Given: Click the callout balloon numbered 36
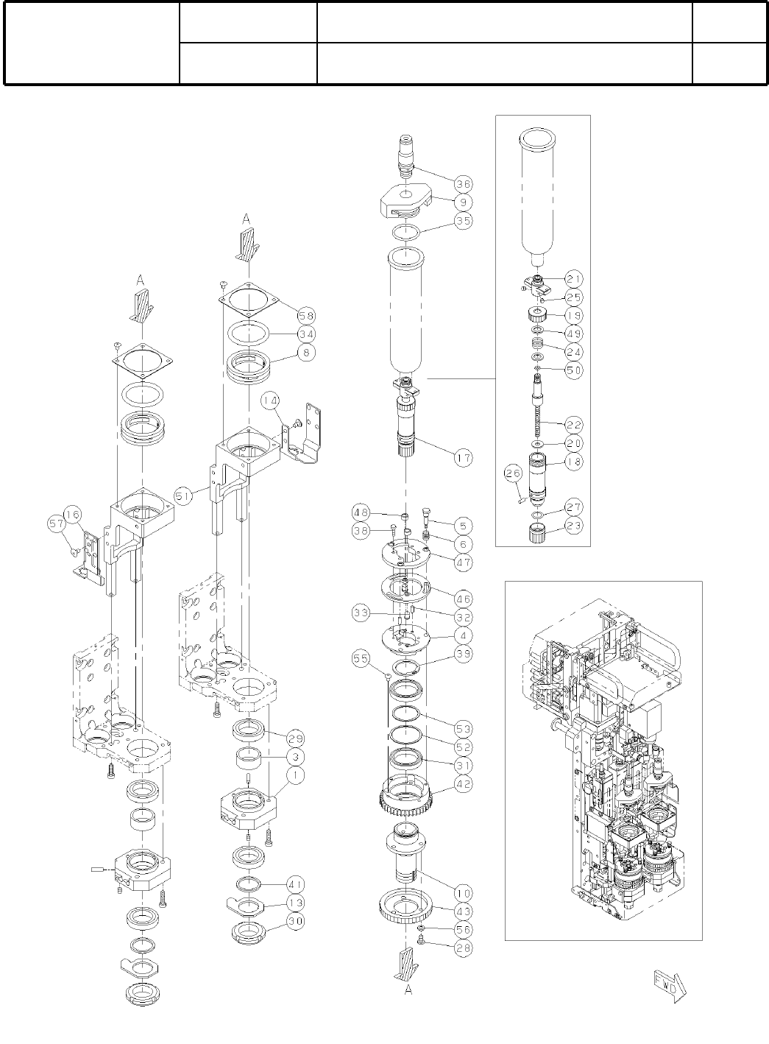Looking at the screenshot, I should pos(463,183).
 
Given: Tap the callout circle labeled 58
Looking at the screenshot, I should pos(305,315).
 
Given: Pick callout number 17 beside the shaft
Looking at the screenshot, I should pos(463,457).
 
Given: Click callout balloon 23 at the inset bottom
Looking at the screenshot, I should pos(574,525).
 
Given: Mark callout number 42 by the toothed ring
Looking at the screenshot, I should pos(463,784).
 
